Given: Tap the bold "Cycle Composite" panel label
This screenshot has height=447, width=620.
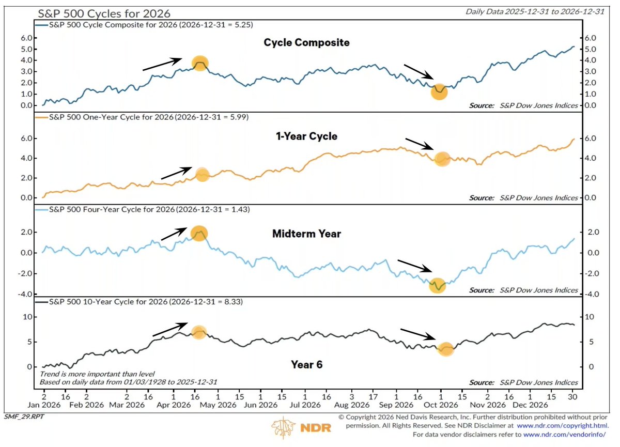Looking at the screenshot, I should [x=307, y=42].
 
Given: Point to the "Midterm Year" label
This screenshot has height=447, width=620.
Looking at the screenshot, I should [x=307, y=234].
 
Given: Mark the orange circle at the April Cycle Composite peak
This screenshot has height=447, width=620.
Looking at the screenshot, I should [x=200, y=63].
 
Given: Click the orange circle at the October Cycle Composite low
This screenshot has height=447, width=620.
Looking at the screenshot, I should [x=439, y=92].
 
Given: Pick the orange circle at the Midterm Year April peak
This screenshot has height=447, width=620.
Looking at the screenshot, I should [x=199, y=233].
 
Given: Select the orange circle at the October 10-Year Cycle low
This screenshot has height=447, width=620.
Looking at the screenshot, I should [x=446, y=349].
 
